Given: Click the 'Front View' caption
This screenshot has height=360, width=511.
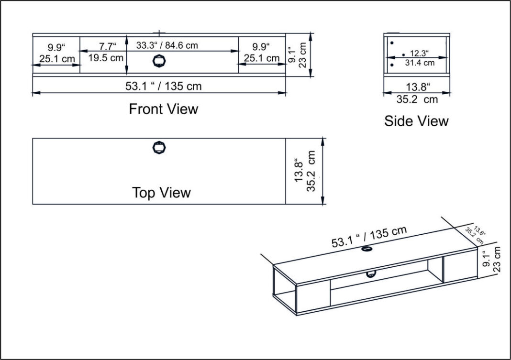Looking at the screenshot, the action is pyautogui.click(x=164, y=109).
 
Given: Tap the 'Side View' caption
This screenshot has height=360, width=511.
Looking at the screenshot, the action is pyautogui.click(x=416, y=121).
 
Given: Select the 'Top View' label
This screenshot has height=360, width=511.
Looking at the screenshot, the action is pyautogui.click(x=161, y=192).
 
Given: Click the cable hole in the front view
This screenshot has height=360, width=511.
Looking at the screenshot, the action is pyautogui.click(x=159, y=61).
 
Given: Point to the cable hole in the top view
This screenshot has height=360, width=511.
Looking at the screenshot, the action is pyautogui.click(x=159, y=147).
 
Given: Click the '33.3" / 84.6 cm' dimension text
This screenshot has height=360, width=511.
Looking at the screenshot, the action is pyautogui.click(x=167, y=45).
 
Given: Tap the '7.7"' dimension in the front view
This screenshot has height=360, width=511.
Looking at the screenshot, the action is pyautogui.click(x=108, y=46).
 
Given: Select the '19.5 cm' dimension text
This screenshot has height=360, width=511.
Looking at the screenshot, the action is pyautogui.click(x=106, y=58).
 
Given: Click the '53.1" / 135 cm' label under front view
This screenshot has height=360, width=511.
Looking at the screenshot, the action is pyautogui.click(x=164, y=86).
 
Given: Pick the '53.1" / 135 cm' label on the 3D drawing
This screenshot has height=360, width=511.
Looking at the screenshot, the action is pyautogui.click(x=369, y=236).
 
